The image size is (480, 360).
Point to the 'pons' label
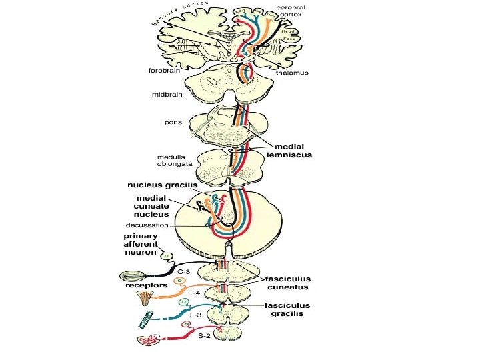173,123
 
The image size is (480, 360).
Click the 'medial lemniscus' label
291,149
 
